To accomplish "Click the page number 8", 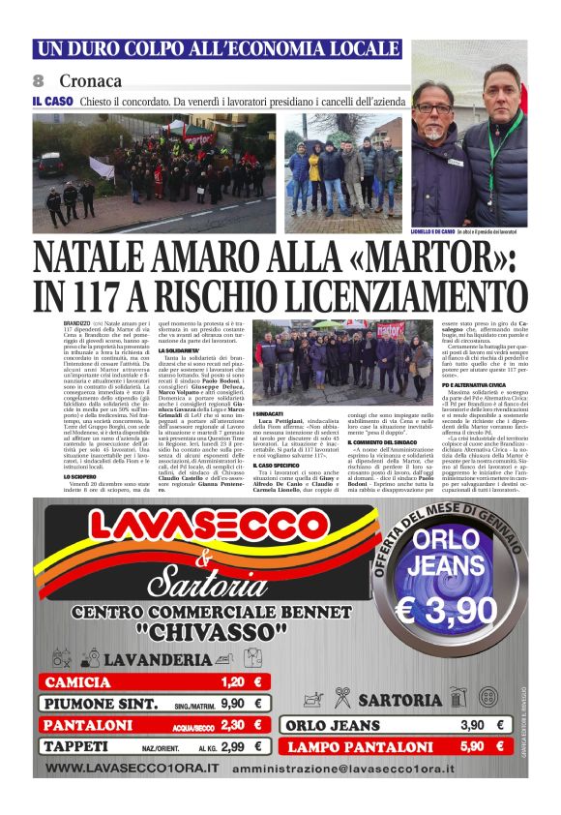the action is (39, 80).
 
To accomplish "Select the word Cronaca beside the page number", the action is (90, 80).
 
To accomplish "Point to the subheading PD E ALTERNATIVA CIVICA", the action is (453, 383).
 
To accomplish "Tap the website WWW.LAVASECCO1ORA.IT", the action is (133, 769).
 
